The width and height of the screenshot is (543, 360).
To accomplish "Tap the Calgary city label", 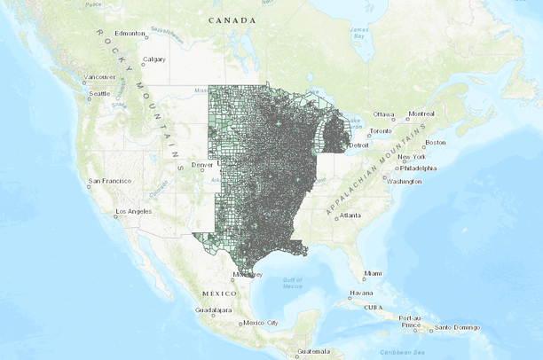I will tap(153, 59).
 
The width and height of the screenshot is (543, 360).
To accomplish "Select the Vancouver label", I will tap(99, 77).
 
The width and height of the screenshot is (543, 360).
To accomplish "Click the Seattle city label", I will tap(98, 93).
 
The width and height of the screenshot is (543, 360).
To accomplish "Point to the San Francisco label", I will tap(110, 183).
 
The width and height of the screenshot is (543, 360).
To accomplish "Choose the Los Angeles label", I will tap(136, 211).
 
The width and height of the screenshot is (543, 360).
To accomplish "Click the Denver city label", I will tap(202, 164).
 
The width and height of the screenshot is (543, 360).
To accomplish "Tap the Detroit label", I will tap(358, 145).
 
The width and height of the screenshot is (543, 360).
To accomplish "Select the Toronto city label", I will tap(381, 130).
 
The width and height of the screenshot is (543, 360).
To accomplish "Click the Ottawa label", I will tap(382, 114).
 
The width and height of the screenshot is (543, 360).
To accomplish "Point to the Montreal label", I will tap(421, 113).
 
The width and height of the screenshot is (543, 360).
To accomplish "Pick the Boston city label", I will tap(436, 142).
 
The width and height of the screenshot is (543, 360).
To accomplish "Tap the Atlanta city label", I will tap(350, 215).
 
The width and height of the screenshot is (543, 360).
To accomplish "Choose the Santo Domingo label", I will tap(458, 328).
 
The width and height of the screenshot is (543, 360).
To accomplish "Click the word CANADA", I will tap(232, 20).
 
